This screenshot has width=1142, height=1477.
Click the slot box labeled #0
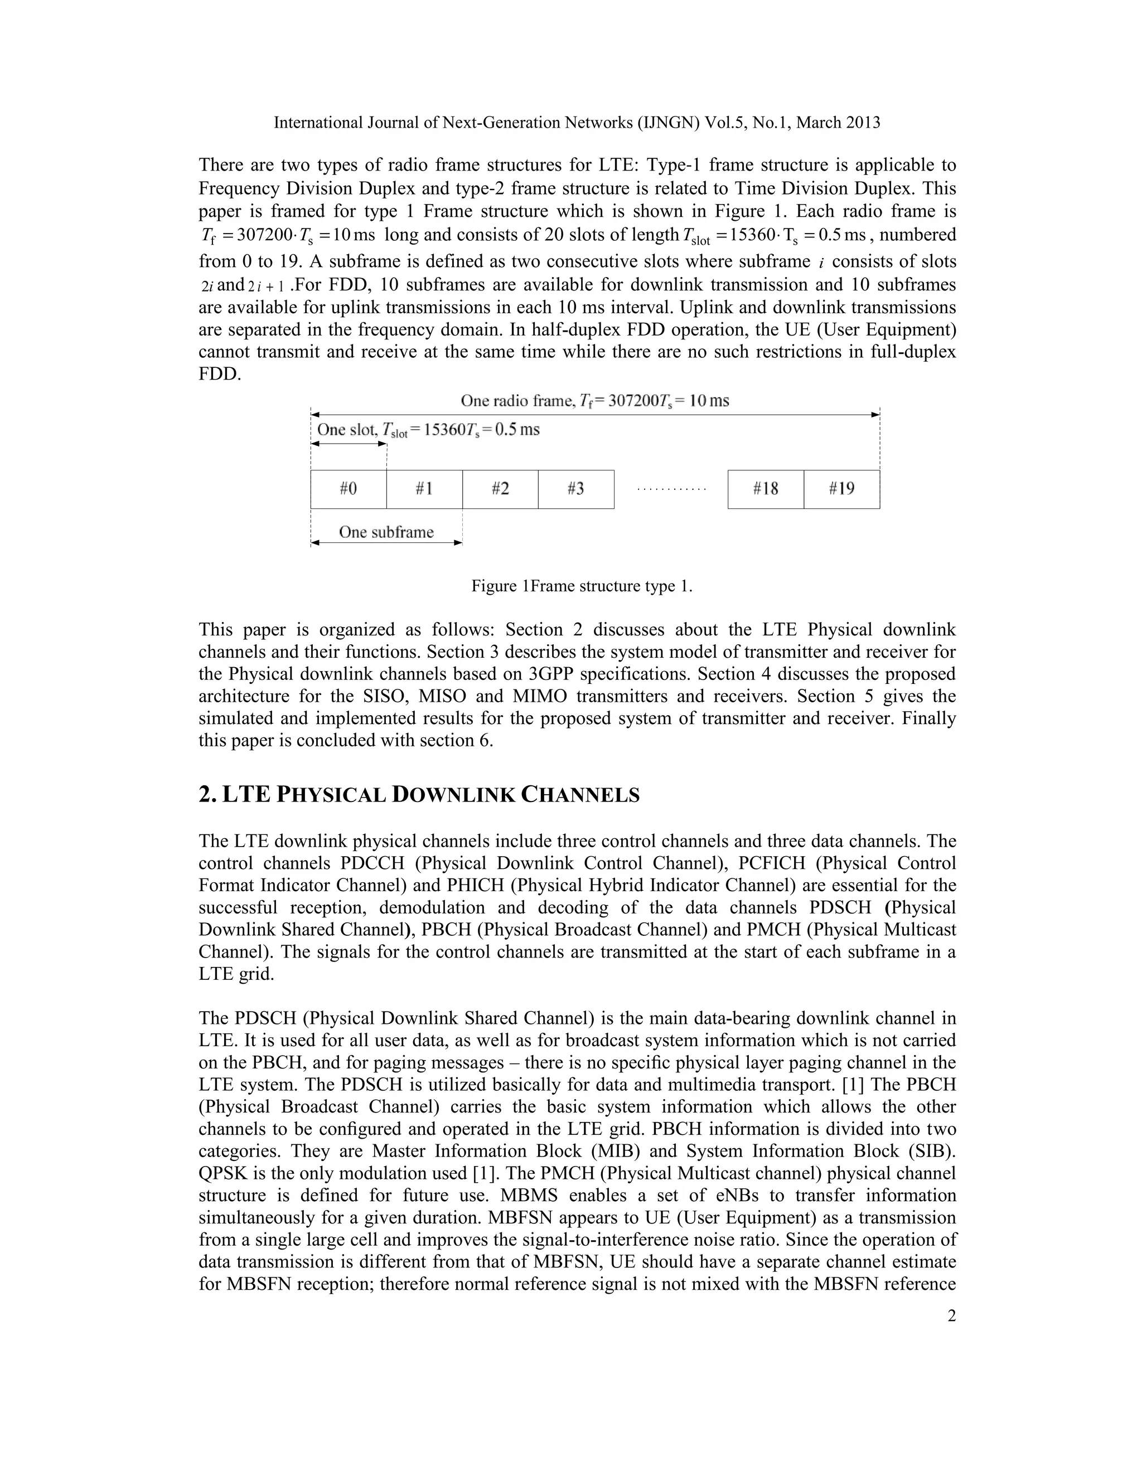pyautogui.click(x=349, y=489)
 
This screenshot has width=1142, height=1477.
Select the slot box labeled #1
pyautogui.click(x=424, y=489)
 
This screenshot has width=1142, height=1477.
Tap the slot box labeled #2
pyautogui.click(x=500, y=489)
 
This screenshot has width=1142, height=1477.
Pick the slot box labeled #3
pyautogui.click(x=575, y=489)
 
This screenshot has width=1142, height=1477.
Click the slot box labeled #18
pyautogui.click(x=765, y=489)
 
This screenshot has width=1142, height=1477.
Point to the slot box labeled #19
pyautogui.click(x=841, y=489)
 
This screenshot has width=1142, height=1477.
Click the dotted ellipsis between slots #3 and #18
pyautogui.click(x=671, y=488)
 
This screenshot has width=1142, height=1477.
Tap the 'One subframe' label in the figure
pyautogui.click(x=386, y=532)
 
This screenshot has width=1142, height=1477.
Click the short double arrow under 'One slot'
pyautogui.click(x=349, y=444)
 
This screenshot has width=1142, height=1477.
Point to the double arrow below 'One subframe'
pyautogui.click(x=386, y=543)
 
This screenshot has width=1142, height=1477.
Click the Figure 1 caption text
pyautogui.click(x=582, y=586)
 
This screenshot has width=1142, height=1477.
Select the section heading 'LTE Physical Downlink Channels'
pyautogui.click(x=419, y=795)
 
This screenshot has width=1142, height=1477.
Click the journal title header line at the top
pyautogui.click(x=577, y=123)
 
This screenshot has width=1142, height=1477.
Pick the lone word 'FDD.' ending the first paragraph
pyautogui.click(x=220, y=374)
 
